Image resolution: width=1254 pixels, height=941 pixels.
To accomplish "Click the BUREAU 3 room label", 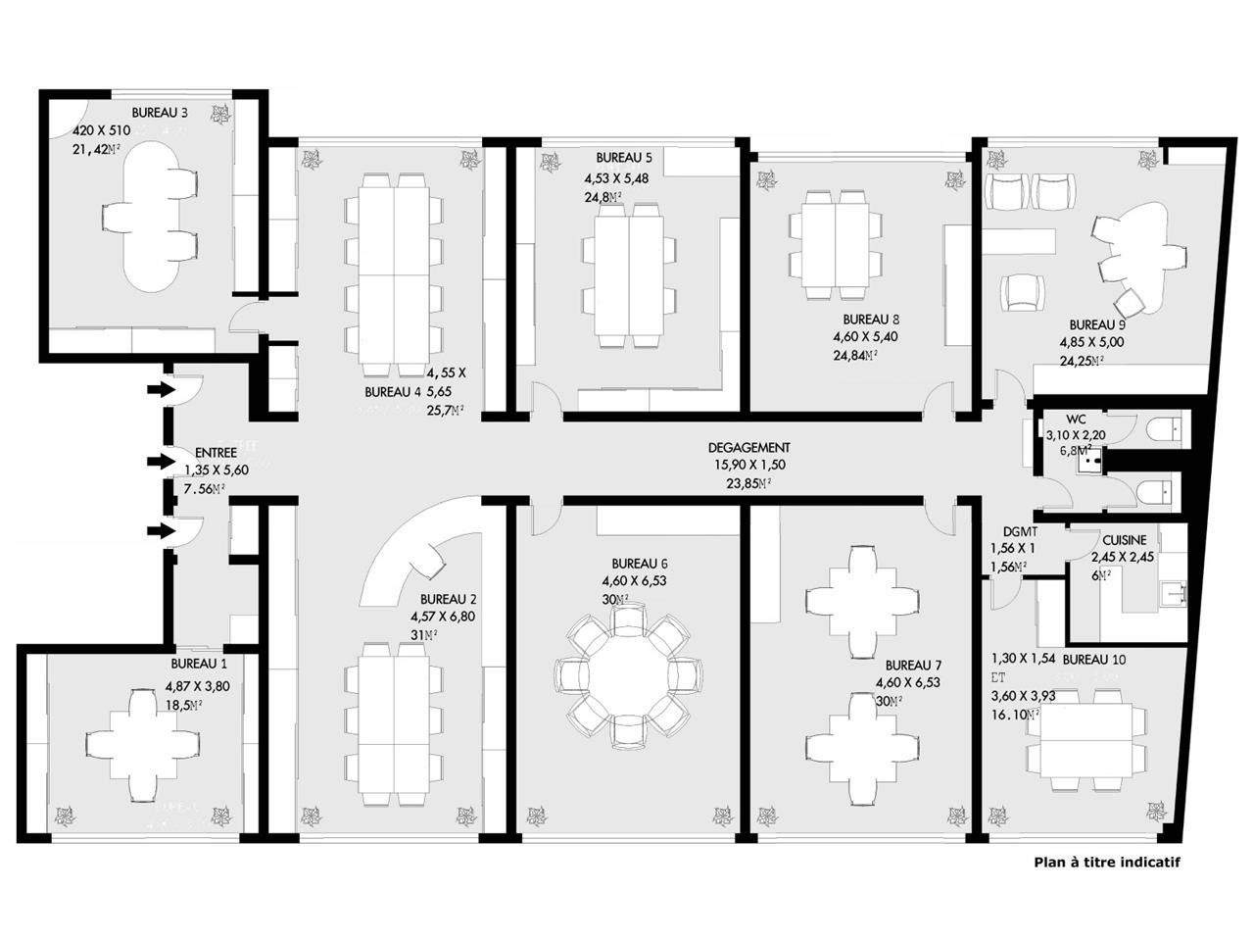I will [x=160, y=112].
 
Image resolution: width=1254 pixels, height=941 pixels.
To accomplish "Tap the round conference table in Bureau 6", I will [x=628, y=677].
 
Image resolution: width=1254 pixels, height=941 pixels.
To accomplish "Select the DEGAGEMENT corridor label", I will [x=748, y=447].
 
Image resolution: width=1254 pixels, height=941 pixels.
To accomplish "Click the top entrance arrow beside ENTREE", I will [x=156, y=390].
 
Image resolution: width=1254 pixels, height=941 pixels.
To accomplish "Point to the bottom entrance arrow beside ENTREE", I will [x=156, y=531].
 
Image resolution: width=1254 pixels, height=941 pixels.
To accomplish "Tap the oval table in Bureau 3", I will [x=151, y=216].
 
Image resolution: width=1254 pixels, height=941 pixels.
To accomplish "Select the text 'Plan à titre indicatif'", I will [x=1107, y=863].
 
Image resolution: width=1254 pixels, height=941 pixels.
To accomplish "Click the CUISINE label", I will [x=1124, y=540].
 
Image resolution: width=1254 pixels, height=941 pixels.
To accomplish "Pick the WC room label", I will [x=1077, y=419].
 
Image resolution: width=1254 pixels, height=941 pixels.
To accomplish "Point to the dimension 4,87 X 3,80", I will [x=197, y=686].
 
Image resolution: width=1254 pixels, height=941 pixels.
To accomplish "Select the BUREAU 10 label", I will [x=1093, y=660].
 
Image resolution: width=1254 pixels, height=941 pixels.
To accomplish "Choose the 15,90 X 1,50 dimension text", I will [x=748, y=465].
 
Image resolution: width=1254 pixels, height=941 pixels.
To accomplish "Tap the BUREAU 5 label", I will [x=623, y=158].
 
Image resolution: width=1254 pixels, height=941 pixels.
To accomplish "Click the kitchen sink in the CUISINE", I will [x=1172, y=591].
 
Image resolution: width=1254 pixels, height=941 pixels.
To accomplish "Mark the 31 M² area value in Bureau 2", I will [x=423, y=635].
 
